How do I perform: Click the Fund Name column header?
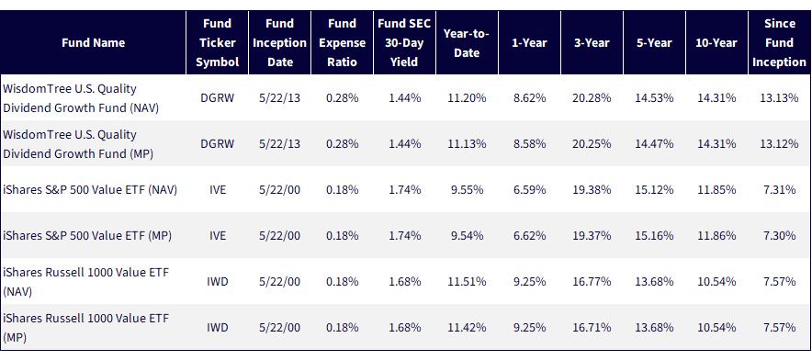click(x=93, y=43)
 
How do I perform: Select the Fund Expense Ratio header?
click(x=343, y=43)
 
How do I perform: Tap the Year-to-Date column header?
click(x=467, y=43)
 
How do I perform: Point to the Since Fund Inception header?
click(x=779, y=43)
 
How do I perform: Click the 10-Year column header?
click(x=716, y=43)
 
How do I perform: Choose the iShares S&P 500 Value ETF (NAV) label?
click(x=90, y=190)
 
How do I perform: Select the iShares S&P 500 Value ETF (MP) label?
click(x=87, y=236)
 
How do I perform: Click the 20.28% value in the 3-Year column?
click(x=592, y=98)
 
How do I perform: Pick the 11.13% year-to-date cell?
click(x=467, y=144)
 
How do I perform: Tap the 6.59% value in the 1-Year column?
click(x=529, y=190)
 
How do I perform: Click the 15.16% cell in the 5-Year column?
click(x=654, y=236)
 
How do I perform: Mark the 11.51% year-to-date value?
click(x=467, y=282)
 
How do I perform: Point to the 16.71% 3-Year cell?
click(x=592, y=327)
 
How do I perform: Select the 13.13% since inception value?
click(x=779, y=98)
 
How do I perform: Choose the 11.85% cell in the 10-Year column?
click(x=716, y=190)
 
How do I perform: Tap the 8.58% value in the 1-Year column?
click(x=529, y=144)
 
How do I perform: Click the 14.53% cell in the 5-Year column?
click(x=654, y=98)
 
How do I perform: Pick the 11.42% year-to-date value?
click(x=467, y=327)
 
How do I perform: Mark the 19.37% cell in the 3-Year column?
click(x=592, y=236)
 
